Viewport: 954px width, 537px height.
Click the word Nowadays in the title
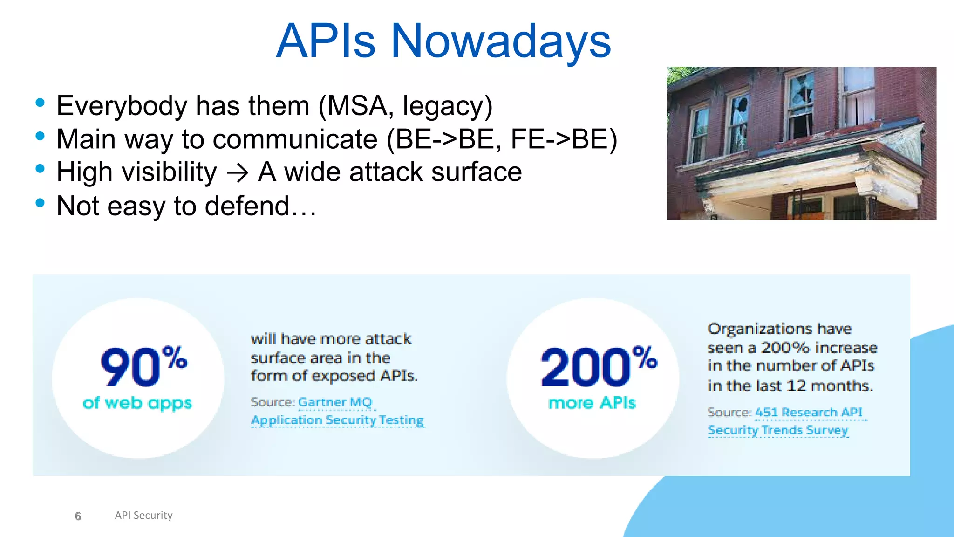(501, 42)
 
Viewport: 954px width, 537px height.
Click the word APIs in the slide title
(326, 42)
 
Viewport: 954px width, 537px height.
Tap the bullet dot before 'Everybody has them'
(40, 103)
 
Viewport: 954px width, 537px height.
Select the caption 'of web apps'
(137, 403)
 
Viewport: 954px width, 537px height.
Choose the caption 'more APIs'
(592, 403)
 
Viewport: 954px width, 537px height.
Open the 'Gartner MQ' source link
(335, 402)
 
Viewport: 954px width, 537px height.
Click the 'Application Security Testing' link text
(337, 420)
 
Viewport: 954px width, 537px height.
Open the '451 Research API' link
(809, 412)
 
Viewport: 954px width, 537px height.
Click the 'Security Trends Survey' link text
(777, 430)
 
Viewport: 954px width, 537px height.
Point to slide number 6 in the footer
(78, 516)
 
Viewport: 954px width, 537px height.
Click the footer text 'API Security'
(143, 515)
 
